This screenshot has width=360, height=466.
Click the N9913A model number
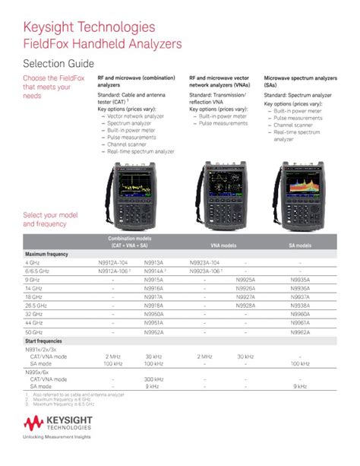tap(153, 262)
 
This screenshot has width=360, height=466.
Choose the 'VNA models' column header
tap(223, 246)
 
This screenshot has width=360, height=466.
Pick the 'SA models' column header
tap(299, 246)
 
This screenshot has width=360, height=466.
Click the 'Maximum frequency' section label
tap(47, 254)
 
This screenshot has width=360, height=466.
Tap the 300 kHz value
tap(153, 379)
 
